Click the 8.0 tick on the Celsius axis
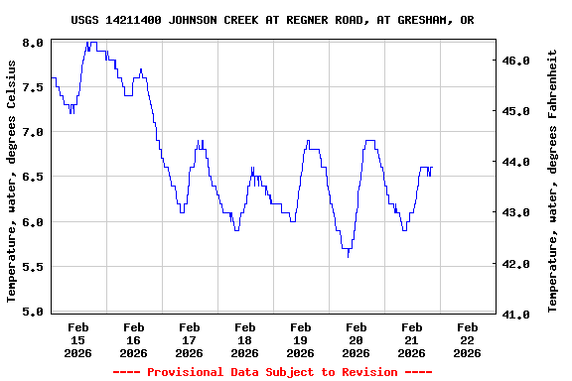[33, 43]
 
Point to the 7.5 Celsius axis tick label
[33, 87]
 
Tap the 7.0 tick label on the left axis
[33, 132]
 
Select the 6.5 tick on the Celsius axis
[33, 178]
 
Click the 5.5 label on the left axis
[33, 267]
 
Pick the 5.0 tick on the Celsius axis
[33, 312]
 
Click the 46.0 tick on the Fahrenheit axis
[516, 61]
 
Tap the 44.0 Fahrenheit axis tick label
[516, 162]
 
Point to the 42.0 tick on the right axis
[516, 264]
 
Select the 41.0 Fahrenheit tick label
[516, 315]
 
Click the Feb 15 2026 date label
[77, 339]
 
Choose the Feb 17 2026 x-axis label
[189, 339]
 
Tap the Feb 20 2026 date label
[356, 339]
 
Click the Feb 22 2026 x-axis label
[467, 339]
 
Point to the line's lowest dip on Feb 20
[348, 256]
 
